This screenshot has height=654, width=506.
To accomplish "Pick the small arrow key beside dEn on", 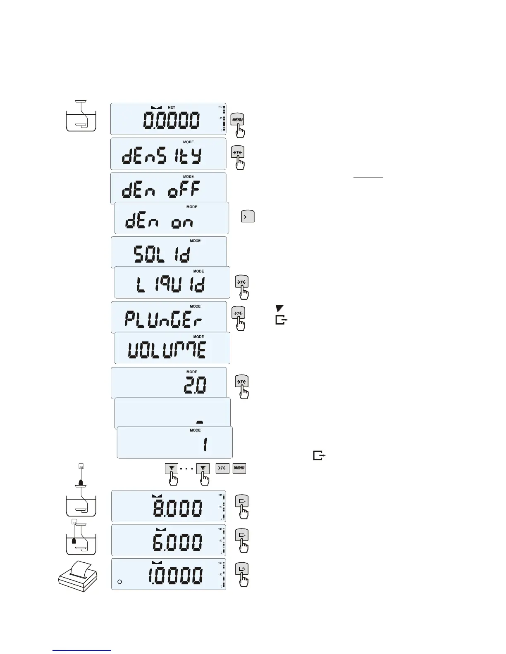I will tap(248, 216).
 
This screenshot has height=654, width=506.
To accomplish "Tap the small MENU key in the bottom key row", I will tap(239, 468).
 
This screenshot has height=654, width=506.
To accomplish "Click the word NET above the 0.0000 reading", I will tap(171, 107).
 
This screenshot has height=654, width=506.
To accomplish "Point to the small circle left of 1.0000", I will tap(119, 582).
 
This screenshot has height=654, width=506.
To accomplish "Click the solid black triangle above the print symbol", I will tap(280, 308).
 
